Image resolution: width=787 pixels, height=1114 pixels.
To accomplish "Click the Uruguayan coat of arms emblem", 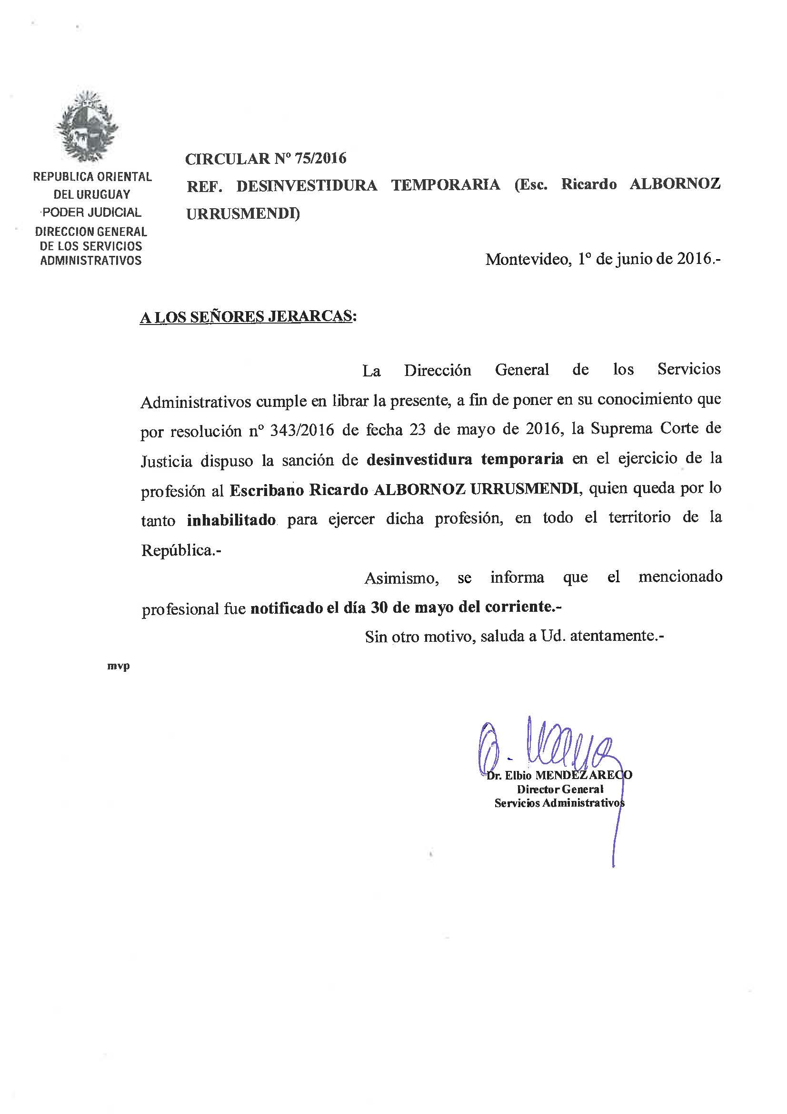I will tap(87, 127).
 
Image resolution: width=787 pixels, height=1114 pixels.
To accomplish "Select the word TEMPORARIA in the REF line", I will tap(446, 185).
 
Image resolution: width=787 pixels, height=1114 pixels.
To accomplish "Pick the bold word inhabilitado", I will tap(232, 521).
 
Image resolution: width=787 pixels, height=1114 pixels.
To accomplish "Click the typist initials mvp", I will tap(119, 666).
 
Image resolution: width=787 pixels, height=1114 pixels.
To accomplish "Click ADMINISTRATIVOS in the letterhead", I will tap(90, 261).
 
